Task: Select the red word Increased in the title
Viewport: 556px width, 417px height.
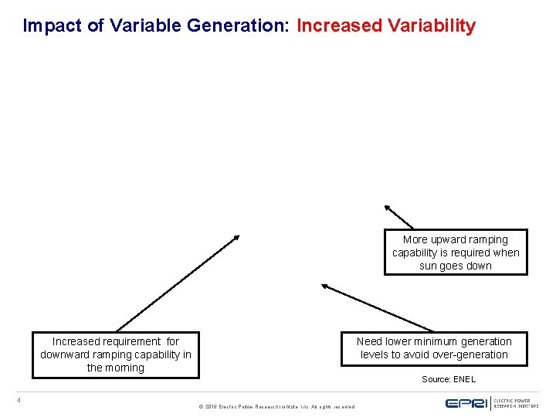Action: tap(339, 25)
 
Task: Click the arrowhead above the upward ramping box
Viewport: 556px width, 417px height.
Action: tap(387, 207)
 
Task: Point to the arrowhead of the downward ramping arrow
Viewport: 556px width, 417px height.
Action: tap(236, 238)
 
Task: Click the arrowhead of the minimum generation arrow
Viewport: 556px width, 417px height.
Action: tap(325, 286)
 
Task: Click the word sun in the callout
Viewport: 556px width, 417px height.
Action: tap(429, 266)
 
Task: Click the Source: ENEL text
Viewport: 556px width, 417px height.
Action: tap(449, 379)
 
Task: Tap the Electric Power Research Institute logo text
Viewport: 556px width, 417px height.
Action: tap(516, 402)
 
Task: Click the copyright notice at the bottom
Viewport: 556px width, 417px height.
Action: tap(276, 406)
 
